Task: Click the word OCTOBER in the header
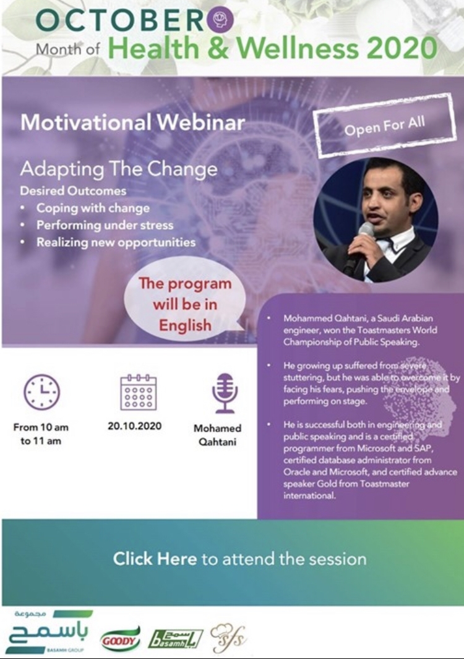[x=121, y=20]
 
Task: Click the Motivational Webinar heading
[x=132, y=122]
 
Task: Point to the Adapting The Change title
[x=119, y=169]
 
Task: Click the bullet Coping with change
[x=93, y=208]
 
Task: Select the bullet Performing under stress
[x=105, y=225]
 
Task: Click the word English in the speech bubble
[x=185, y=325]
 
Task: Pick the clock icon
[x=41, y=393]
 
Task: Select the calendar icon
[x=138, y=392]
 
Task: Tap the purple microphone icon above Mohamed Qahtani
[x=225, y=393]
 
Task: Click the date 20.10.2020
[x=135, y=426]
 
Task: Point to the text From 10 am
[x=41, y=427]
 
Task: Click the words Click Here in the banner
[x=155, y=559]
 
